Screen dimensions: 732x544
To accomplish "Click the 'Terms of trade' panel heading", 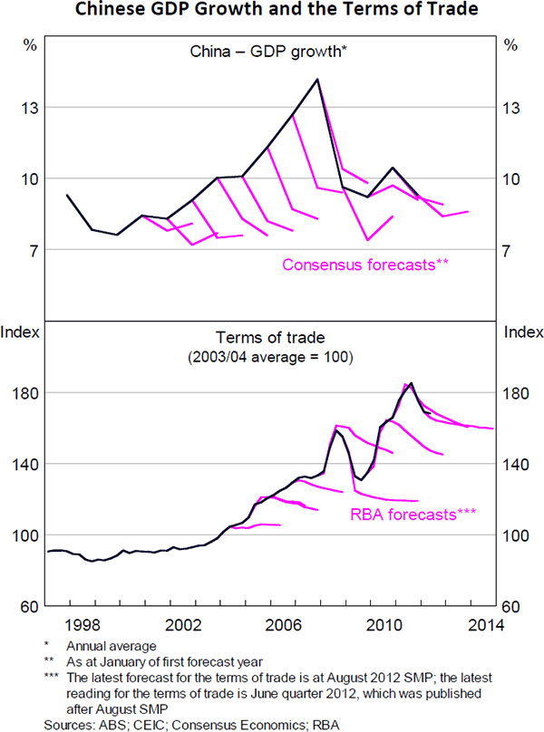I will [x=273, y=337].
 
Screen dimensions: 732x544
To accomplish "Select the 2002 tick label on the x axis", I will [x=185, y=624].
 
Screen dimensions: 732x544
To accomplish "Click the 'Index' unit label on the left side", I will [x=21, y=331].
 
